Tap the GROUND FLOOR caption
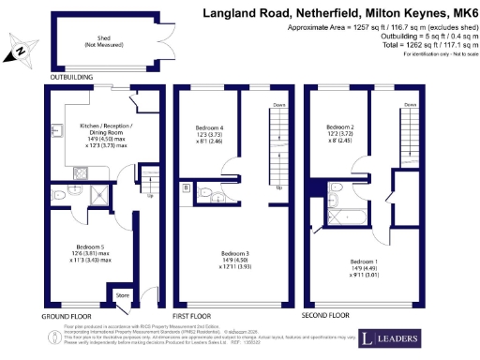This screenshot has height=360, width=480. coord(67,316)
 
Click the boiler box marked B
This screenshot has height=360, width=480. coord(187,187)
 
